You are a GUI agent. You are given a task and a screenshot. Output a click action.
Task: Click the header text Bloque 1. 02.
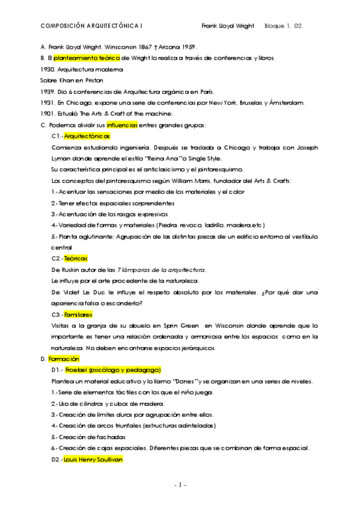pos(284,26)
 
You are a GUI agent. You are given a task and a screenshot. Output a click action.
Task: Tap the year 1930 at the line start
pos(47,69)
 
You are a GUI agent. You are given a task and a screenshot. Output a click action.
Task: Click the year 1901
pos(47,114)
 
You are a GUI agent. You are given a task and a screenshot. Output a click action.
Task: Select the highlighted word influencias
pos(122,125)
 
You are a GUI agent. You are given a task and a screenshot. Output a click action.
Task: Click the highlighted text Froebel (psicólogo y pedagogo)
pos(113,370)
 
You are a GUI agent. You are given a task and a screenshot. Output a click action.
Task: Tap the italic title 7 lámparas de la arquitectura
pos(162,270)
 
